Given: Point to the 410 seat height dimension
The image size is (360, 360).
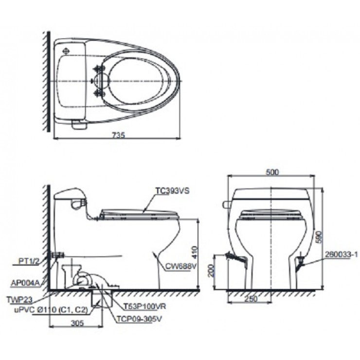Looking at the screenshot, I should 195,252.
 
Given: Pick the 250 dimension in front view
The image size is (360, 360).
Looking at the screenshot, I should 251,299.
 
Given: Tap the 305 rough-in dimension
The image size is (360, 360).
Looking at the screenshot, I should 77,323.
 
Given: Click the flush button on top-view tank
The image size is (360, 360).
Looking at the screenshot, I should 67,50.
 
